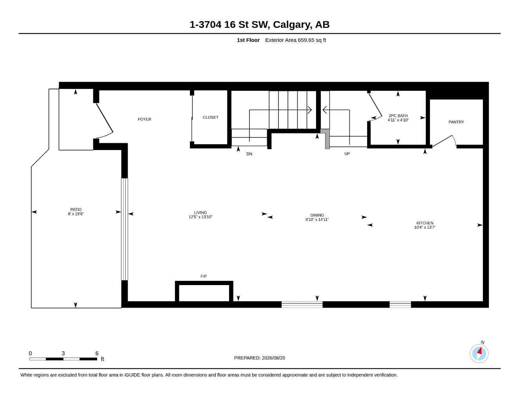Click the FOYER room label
click(x=144, y=119)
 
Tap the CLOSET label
click(x=210, y=117)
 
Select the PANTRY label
click(x=456, y=122)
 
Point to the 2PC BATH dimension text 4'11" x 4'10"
click(x=398, y=120)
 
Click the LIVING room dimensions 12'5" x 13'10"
click(x=201, y=217)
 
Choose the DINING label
click(x=317, y=215)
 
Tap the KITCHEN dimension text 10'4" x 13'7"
click(x=425, y=228)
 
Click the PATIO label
click(x=76, y=210)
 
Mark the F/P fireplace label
click(x=204, y=276)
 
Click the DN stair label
click(x=249, y=154)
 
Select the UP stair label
click(x=347, y=154)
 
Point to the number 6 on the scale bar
click(x=97, y=353)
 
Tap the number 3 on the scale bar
click(x=63, y=353)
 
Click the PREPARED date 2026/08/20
click(x=273, y=358)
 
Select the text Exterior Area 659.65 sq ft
click(x=295, y=40)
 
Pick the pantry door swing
click(x=445, y=141)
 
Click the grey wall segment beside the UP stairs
click(x=326, y=139)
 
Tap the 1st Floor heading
click(x=248, y=40)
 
